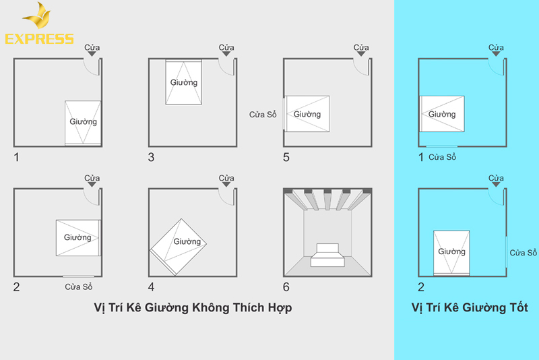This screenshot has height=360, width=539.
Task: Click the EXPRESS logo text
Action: [x=39, y=38]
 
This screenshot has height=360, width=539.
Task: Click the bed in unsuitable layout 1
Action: [x=83, y=122]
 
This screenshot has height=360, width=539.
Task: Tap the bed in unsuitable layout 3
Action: [x=184, y=82]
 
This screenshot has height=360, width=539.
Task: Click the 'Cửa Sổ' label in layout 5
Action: [x=263, y=114]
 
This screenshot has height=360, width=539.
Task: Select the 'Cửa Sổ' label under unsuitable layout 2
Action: [x=79, y=287]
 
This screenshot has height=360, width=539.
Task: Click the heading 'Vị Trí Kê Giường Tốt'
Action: [x=470, y=307]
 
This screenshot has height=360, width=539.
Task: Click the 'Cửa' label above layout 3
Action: [x=227, y=47]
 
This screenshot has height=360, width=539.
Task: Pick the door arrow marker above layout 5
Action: [x=362, y=54]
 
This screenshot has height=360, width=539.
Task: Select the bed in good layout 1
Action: [x=442, y=113]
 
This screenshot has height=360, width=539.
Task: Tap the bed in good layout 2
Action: [x=451, y=252]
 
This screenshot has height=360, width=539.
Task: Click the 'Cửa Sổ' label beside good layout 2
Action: [x=523, y=253]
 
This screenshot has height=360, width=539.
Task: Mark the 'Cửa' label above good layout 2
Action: [x=497, y=178]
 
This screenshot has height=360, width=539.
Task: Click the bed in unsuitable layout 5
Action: [x=307, y=113]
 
